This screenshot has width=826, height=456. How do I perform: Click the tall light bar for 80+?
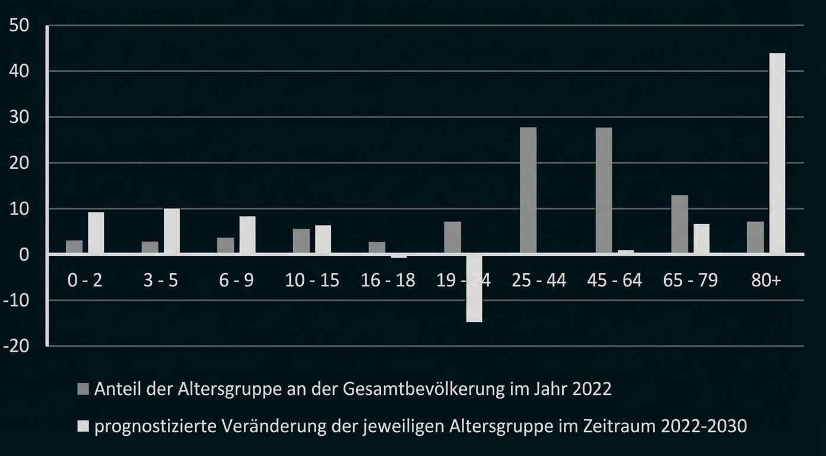click(777, 153)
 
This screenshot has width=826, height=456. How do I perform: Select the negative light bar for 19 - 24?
click(474, 289)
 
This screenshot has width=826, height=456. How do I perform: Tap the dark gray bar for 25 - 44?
click(528, 191)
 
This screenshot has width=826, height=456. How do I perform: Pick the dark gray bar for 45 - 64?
click(603, 191)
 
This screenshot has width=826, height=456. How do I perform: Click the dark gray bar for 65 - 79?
click(679, 224)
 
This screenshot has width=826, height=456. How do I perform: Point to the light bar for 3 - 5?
click(171, 231)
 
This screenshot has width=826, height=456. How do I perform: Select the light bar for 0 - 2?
click(96, 233)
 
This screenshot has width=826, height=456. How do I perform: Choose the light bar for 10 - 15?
click(323, 239)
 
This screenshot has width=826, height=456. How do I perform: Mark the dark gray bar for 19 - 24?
click(452, 237)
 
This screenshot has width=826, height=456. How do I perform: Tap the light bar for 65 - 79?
click(701, 239)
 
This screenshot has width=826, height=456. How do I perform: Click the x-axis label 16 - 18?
click(387, 280)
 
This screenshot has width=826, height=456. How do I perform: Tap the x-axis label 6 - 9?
click(236, 280)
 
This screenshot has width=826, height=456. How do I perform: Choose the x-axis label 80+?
click(765, 280)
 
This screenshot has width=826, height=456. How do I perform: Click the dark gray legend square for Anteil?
click(83, 389)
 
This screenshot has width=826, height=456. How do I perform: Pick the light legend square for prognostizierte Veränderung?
click(83, 426)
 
